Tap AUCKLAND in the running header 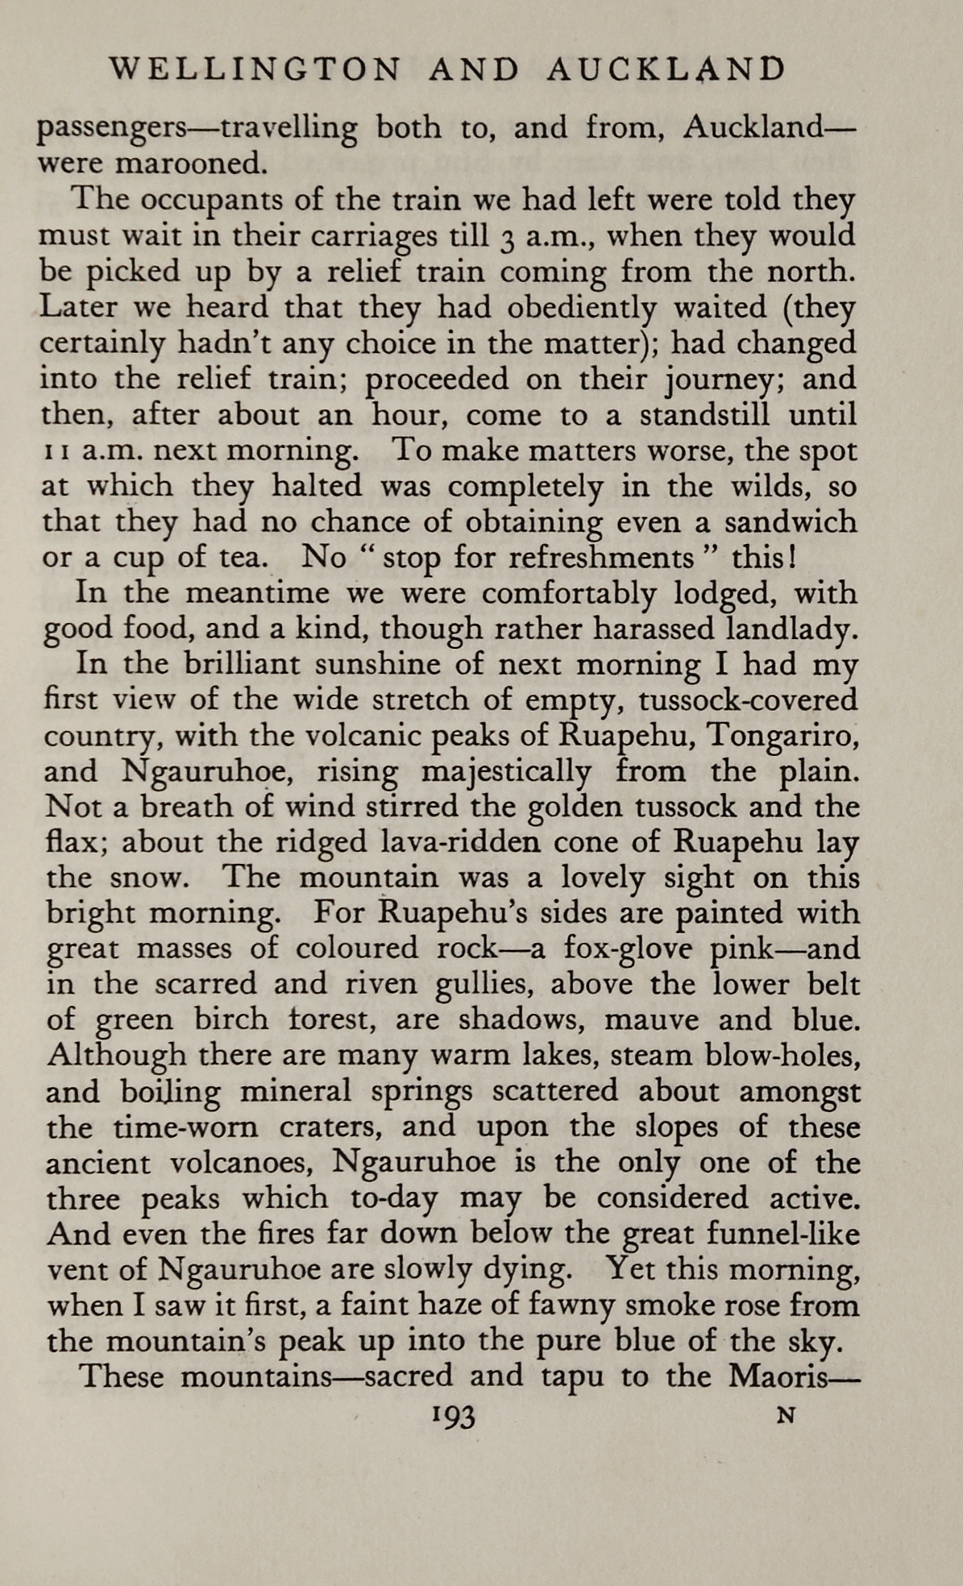coord(666,70)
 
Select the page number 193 coord(454,1417)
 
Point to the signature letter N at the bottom coord(786,1415)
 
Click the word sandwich coord(790,522)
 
